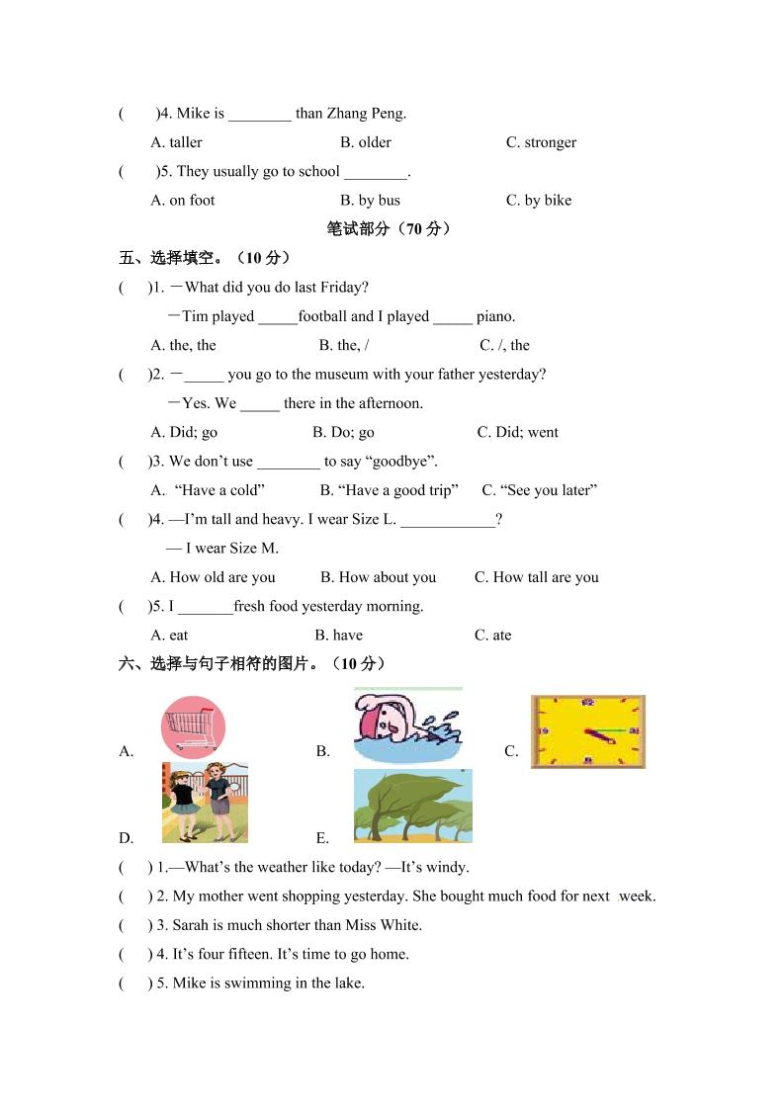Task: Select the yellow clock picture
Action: (x=587, y=731)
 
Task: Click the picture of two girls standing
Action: (x=205, y=802)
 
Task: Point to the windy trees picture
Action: (x=412, y=806)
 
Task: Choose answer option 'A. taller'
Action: (x=176, y=142)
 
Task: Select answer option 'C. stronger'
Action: (x=541, y=142)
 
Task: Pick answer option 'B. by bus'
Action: (x=370, y=200)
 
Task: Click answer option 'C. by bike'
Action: (x=539, y=200)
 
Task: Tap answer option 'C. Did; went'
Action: (x=517, y=432)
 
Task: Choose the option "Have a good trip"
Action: (x=390, y=490)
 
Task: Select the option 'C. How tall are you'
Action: (x=536, y=577)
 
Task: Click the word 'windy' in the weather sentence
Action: (x=446, y=868)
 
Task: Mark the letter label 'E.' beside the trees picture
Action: (x=322, y=838)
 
